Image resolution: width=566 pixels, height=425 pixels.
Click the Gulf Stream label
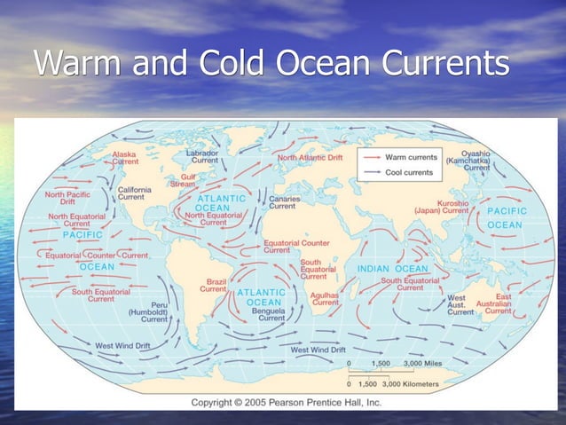(183, 180)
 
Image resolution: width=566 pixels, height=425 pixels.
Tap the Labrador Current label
(205, 156)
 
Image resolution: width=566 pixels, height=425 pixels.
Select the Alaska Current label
(124, 158)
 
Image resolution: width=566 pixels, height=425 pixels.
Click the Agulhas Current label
(326, 298)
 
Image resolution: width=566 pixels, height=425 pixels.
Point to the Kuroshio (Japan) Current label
(441, 206)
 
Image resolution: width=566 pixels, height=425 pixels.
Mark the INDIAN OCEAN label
(393, 268)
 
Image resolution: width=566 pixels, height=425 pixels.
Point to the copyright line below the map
(286, 403)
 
